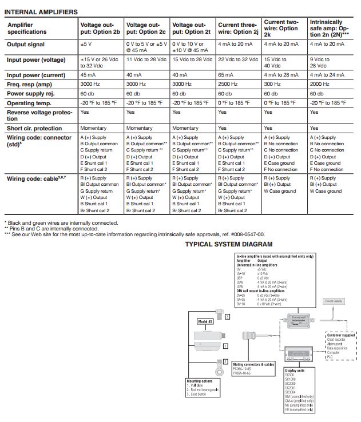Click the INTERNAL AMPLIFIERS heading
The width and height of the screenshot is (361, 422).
pyautogui.click(x=41, y=11)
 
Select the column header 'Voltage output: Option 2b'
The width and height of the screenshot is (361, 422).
pyautogui.click(x=100, y=29)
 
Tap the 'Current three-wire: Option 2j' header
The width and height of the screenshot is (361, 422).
pyautogui.click(x=237, y=29)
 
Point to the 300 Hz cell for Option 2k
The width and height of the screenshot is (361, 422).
pyautogui.click(x=272, y=84)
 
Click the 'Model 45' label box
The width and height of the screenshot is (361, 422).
pyautogui.click(x=205, y=321)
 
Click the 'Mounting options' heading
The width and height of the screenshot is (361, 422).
pyautogui.click(x=200, y=380)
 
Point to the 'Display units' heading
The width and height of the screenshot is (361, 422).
pyautogui.click(x=295, y=371)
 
